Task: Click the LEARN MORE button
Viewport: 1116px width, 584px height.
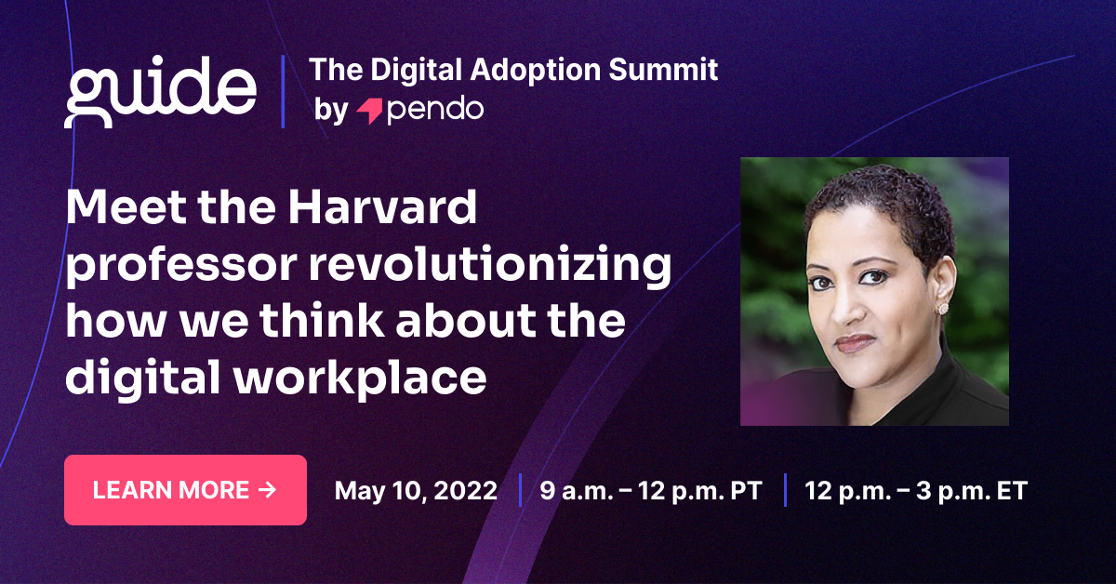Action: [185, 490]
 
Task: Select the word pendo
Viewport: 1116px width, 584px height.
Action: [434, 110]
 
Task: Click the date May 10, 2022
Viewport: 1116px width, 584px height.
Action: [416, 491]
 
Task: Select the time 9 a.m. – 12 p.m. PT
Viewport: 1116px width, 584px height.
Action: [650, 491]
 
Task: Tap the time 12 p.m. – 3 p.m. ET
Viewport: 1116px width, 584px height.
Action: [916, 491]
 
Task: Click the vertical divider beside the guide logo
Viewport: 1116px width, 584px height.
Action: [283, 91]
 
